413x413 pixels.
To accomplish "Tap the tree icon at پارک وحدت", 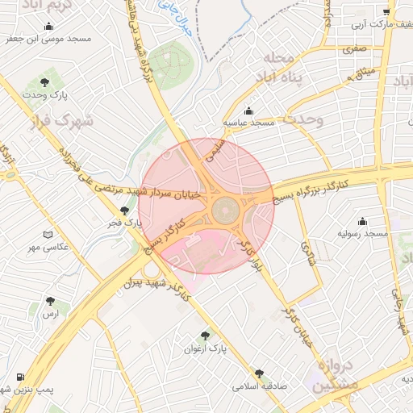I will [x=44, y=82].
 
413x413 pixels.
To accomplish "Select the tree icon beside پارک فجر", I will [x=123, y=211].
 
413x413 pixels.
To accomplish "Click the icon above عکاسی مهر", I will [x=48, y=234].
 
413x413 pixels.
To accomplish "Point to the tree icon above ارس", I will [x=51, y=301].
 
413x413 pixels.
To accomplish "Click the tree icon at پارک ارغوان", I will [x=205, y=336].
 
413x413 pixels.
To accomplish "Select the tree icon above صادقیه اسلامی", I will [x=259, y=373].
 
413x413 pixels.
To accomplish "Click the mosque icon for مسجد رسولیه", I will [x=362, y=221].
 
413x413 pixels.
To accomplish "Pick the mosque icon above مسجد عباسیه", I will [x=248, y=111].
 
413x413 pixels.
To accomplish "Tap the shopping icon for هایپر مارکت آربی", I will [x=387, y=12].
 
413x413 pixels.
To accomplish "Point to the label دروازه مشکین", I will [x=331, y=374].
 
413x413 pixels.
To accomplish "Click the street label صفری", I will [x=354, y=48].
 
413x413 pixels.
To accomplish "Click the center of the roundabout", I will [x=225, y=211].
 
